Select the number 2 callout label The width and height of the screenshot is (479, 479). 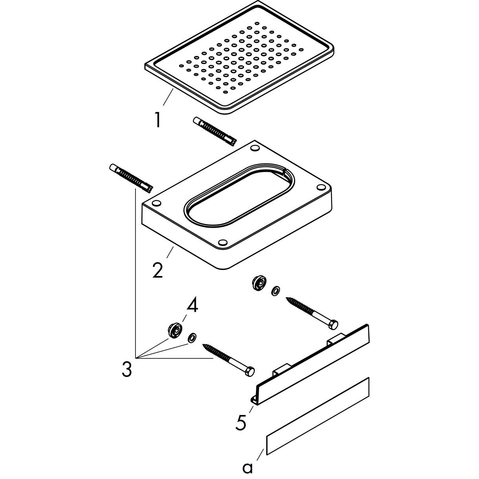157,270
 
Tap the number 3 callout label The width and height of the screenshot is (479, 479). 126,369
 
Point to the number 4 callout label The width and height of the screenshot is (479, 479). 192,305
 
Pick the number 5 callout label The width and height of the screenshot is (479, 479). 241,422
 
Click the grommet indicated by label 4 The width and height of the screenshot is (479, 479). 174,330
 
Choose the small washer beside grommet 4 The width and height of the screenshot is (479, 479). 192,337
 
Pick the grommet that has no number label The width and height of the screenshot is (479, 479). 260,283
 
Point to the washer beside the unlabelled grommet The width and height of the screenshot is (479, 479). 276,291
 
